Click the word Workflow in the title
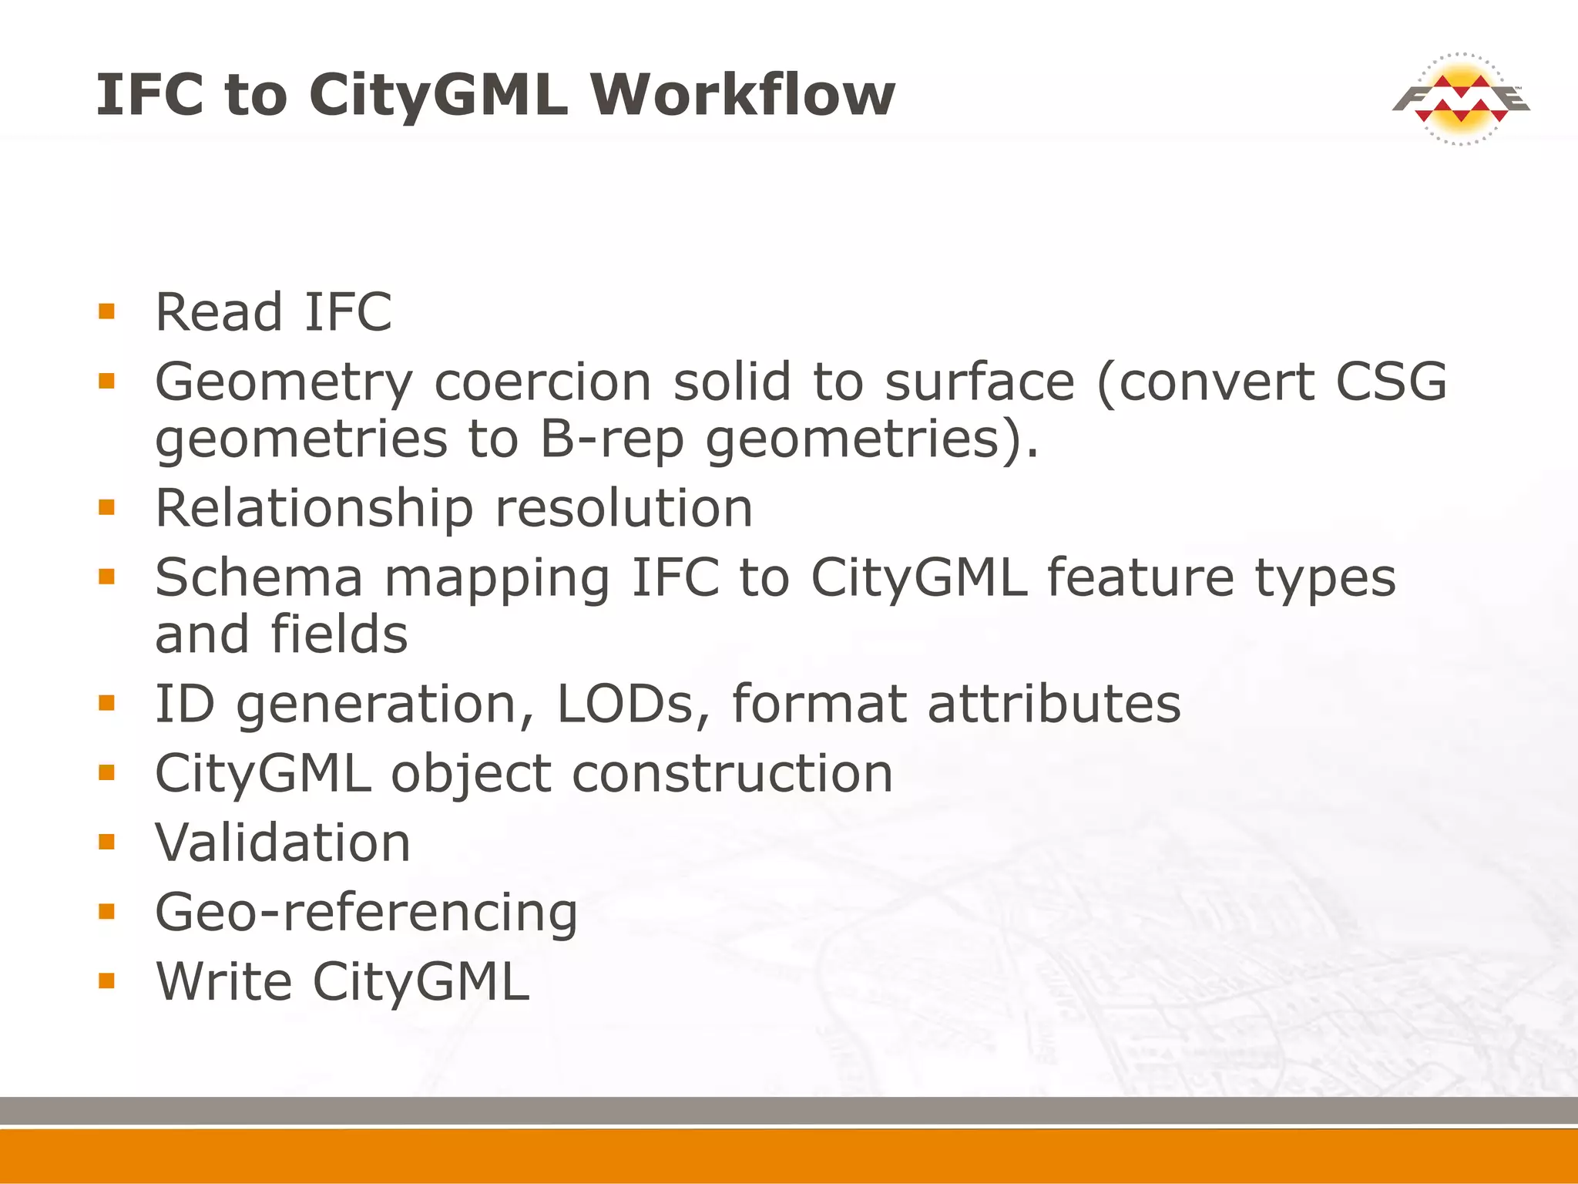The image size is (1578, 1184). coord(743,95)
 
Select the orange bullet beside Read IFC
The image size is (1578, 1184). coord(106,311)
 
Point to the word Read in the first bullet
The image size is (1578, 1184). coord(219,312)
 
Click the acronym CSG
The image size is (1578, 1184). coord(1391,382)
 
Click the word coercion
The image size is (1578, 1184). coord(543,382)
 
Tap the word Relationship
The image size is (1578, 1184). coord(314,509)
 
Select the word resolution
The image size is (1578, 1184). coord(624,509)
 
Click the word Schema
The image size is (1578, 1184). coord(259,577)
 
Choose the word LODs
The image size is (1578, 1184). coord(625,704)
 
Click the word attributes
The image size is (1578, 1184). coord(1054,704)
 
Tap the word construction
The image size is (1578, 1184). coord(732,773)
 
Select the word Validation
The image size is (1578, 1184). coord(283,843)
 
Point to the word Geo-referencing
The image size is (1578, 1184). coord(366,913)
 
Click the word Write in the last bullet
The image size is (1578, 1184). coord(224,982)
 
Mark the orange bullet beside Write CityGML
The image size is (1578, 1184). coord(106,980)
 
